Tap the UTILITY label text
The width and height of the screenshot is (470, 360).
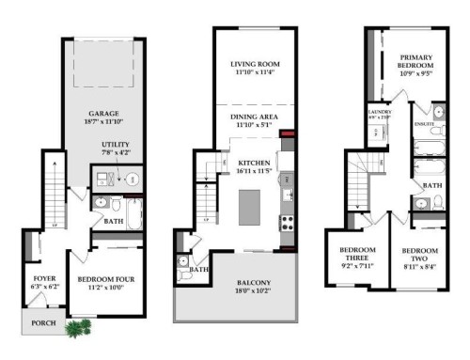[x=115, y=144]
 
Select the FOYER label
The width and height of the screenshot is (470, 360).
[x=43, y=279]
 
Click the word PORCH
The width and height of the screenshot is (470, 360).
[x=42, y=323]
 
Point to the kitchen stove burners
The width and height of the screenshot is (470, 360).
[x=289, y=223]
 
